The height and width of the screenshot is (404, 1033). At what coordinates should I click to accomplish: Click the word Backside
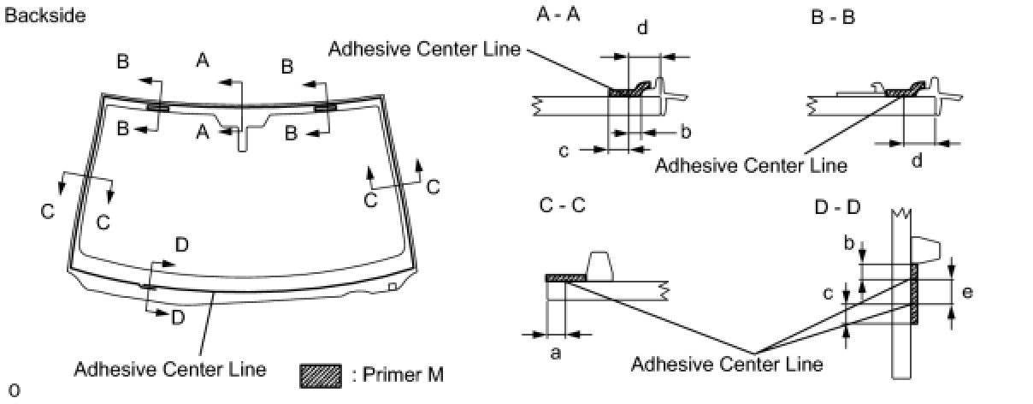click(x=45, y=15)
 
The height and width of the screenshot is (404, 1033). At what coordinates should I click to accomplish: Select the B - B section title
click(x=832, y=15)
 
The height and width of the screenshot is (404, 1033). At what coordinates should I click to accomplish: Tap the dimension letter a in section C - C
click(x=555, y=352)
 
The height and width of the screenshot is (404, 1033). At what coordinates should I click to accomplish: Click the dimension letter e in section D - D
click(x=967, y=292)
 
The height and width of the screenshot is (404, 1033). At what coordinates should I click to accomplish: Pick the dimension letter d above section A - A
click(x=642, y=28)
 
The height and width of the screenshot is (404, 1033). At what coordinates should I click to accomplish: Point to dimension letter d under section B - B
click(x=916, y=160)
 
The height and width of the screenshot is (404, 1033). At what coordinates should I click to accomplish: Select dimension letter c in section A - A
click(x=564, y=151)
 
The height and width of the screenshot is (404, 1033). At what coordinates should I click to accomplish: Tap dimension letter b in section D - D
click(x=848, y=244)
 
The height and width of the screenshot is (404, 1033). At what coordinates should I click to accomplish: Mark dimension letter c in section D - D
click(x=828, y=294)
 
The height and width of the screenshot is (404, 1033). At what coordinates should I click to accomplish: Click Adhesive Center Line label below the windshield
click(x=170, y=370)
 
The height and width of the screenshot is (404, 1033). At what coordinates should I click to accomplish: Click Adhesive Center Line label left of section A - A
click(x=425, y=49)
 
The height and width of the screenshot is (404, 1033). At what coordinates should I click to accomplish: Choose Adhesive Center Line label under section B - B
click(x=751, y=164)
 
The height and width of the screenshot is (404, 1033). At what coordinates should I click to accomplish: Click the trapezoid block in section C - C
click(x=599, y=266)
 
